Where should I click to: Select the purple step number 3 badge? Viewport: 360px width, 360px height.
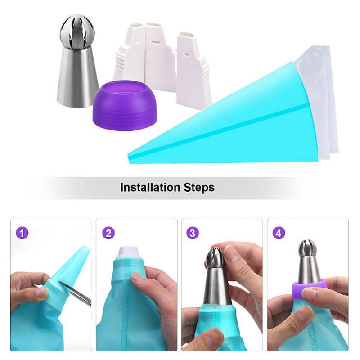pos(193,233)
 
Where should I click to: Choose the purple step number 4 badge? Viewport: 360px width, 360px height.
pos(279,233)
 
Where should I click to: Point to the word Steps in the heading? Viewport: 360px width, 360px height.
pos(199,187)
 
